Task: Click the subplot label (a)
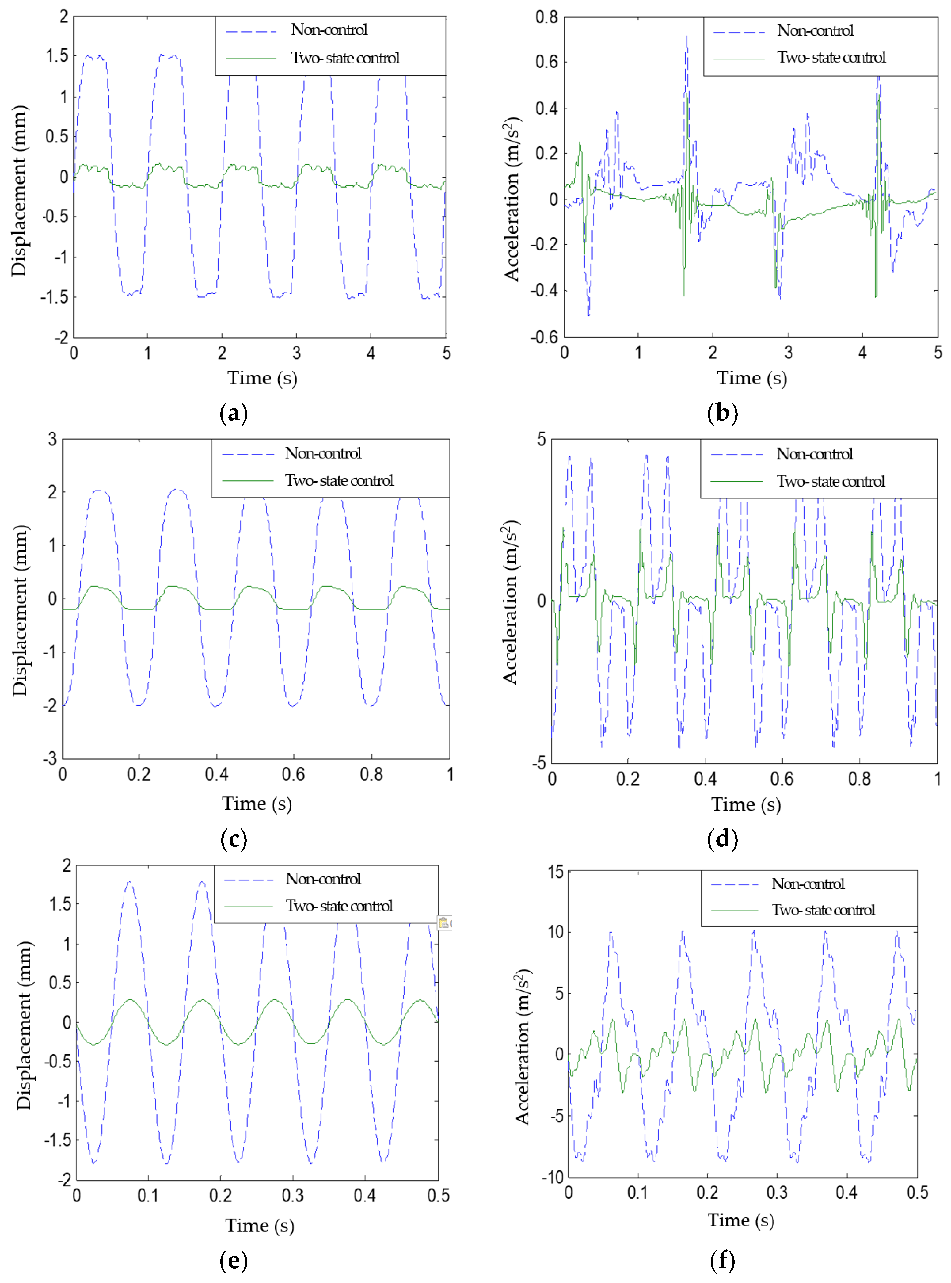(x=234, y=414)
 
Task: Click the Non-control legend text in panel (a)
(x=329, y=30)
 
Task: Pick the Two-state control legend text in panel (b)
(x=831, y=58)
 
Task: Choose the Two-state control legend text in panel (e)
(x=339, y=906)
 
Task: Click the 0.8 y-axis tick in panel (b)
(x=546, y=17)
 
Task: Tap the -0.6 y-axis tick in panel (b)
(x=544, y=337)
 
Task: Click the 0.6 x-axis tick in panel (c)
(x=293, y=774)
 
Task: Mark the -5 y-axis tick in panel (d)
(x=539, y=763)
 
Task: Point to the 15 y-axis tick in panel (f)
(x=556, y=872)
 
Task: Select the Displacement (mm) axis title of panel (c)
(x=20, y=610)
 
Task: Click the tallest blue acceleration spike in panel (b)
(x=686, y=37)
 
